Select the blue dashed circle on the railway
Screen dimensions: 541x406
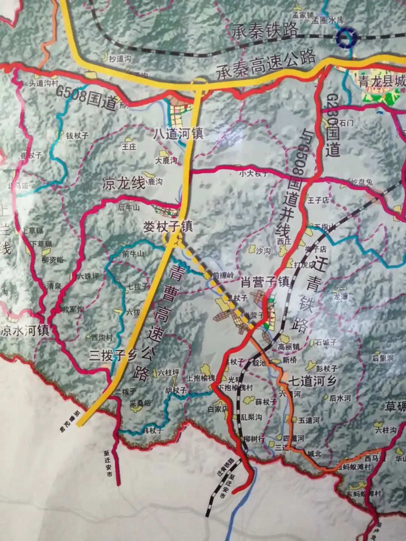pos(346,38)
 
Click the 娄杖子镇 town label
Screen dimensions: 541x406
pos(168,226)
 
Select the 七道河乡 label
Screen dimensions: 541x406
pos(311,381)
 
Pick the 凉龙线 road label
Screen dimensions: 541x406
pos(123,184)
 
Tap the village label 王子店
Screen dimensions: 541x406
pos(318,200)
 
